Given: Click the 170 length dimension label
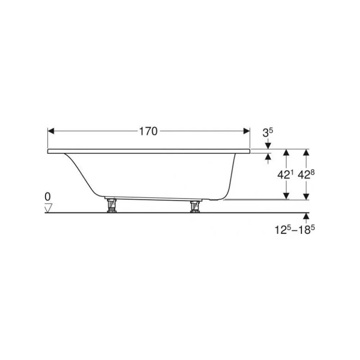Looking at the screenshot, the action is point(148,131).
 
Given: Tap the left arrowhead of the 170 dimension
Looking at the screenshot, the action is point(51,131).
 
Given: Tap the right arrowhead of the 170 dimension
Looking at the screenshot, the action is point(247,131).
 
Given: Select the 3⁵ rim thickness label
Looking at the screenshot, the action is point(268,133).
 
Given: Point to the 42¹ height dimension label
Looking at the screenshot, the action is point(285,175).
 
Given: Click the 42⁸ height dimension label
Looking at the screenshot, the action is point(306,175).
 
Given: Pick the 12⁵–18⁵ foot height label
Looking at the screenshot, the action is point(295,230).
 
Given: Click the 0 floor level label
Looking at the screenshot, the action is point(48,197).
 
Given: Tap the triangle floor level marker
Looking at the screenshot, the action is point(49,208).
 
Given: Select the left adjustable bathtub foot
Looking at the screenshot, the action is point(112,206).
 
